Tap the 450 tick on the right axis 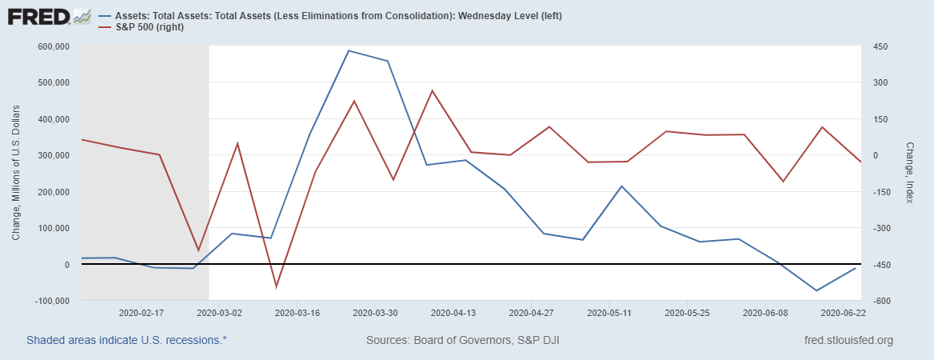click(880, 46)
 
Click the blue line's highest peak click(349, 50)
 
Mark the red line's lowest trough click(277, 286)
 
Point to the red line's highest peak click(432, 90)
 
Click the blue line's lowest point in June click(816, 290)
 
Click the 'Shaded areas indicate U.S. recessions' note click(126, 340)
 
